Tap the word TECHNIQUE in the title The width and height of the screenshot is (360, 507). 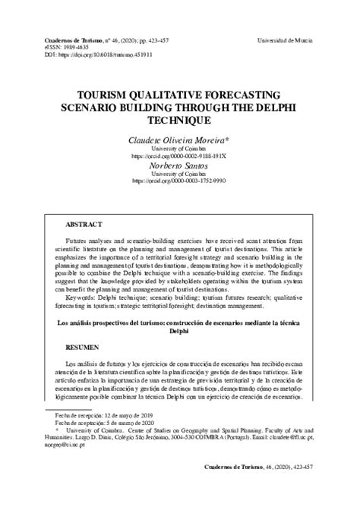180,120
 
